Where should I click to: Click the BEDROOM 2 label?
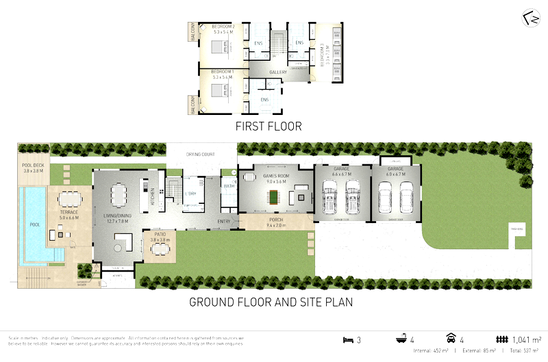(223, 26)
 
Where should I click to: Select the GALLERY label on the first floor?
(277, 71)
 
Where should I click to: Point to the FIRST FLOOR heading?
(268, 126)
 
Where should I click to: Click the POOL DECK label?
(32, 166)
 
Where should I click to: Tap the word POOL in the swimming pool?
(34, 222)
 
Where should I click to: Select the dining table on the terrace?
(69, 199)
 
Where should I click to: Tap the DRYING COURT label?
(201, 155)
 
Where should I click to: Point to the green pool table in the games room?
(274, 197)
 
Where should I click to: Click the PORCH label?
(275, 220)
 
